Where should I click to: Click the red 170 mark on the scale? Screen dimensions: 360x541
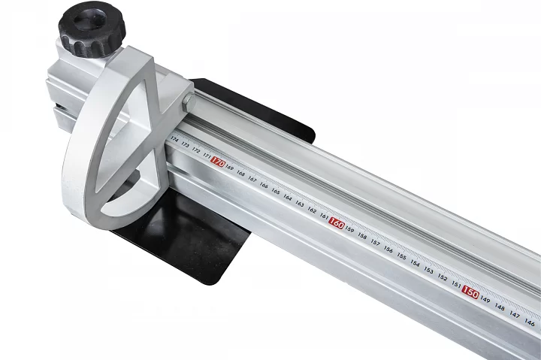(x=218, y=162)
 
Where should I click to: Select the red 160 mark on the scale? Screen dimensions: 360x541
(x=337, y=223)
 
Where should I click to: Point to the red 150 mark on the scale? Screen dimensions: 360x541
(x=470, y=292)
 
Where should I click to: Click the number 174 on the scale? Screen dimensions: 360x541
(x=175, y=140)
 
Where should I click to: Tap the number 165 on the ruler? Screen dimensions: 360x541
(x=276, y=192)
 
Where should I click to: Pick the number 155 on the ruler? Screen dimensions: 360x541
(x=401, y=256)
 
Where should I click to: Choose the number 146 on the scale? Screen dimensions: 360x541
(x=530, y=322)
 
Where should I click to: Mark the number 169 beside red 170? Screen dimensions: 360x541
(x=229, y=168)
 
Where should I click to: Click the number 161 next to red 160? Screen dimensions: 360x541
(x=324, y=216)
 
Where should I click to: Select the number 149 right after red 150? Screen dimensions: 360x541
(x=485, y=300)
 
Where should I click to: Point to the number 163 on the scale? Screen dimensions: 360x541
(x=300, y=204)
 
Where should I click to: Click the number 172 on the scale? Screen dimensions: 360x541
(x=196, y=150)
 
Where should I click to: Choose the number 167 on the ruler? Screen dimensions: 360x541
(x=252, y=180)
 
